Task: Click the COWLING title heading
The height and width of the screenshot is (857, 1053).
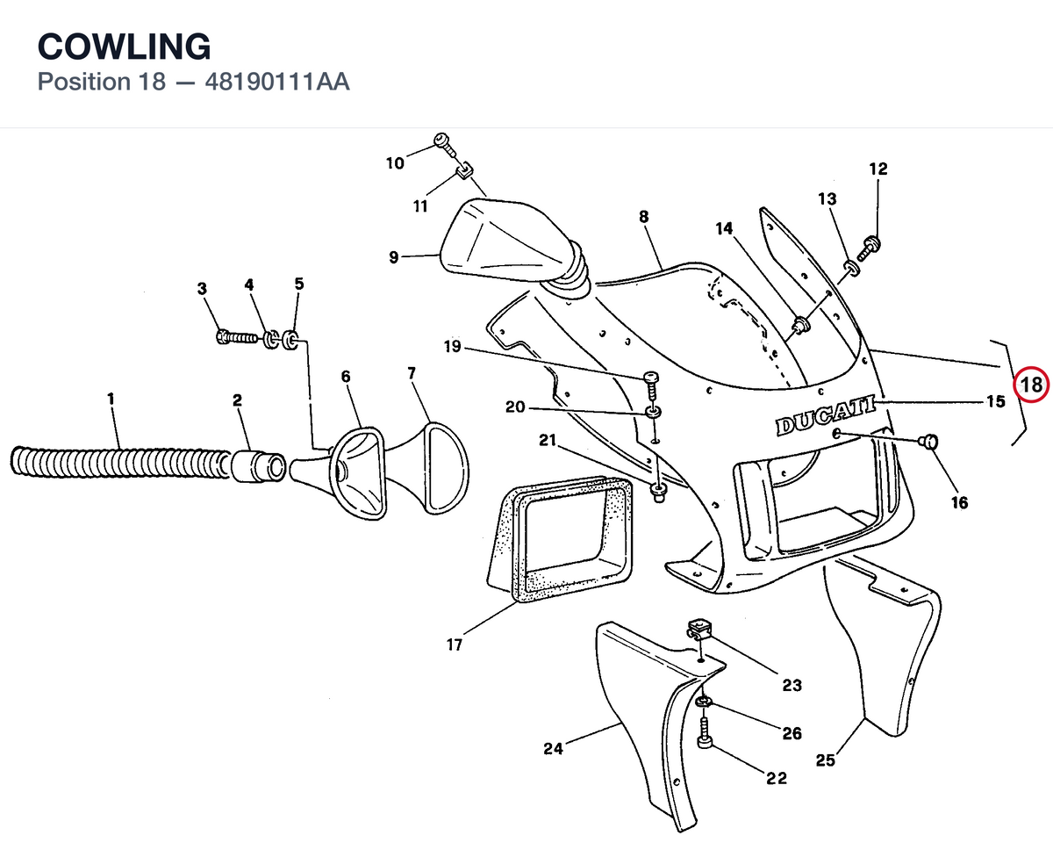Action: (124, 47)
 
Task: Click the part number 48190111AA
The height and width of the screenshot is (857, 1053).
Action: (277, 82)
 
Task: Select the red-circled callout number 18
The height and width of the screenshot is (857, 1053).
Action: (1031, 385)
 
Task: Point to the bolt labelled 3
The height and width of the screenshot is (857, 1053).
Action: (237, 338)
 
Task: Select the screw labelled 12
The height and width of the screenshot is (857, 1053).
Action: (870, 248)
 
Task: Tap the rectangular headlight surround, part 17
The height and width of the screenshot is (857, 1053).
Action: (560, 539)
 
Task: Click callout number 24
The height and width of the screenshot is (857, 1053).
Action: (553, 748)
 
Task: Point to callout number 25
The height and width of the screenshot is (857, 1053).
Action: (826, 760)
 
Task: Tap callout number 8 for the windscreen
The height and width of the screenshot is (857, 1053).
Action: (643, 217)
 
